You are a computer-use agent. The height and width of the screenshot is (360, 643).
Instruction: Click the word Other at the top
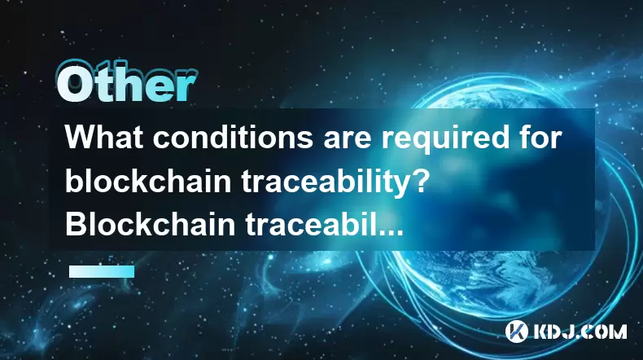point(127,82)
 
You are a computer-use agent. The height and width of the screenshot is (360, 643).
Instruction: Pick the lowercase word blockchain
point(148,181)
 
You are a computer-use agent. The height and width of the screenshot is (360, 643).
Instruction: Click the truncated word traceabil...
point(311,224)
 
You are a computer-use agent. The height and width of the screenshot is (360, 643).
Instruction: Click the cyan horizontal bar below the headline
point(102,271)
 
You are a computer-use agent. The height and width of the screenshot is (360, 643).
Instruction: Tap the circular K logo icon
point(516,331)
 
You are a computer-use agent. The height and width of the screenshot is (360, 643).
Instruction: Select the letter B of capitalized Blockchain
point(76,224)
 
